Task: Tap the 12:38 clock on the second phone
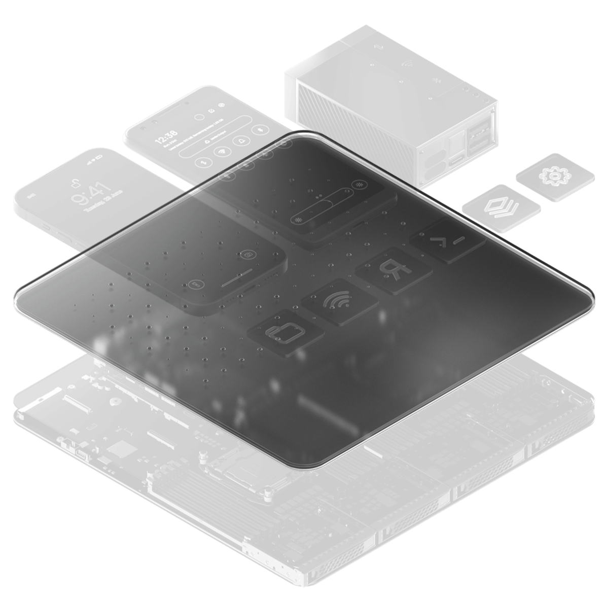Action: [x=165, y=134]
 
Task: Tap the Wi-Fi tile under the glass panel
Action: [x=336, y=301]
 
